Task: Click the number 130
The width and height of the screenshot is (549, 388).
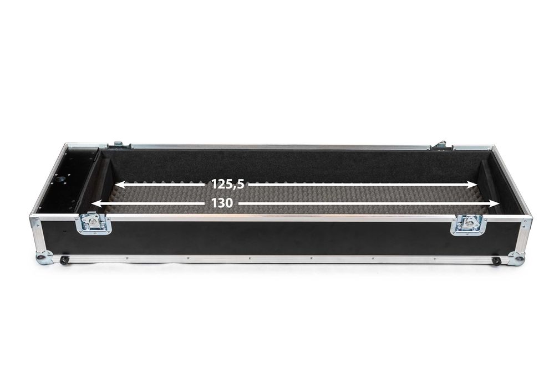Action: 222,203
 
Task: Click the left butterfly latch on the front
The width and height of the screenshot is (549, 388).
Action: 93,223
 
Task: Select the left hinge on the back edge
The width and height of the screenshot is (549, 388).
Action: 118,145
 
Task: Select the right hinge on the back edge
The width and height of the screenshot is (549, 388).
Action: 440,145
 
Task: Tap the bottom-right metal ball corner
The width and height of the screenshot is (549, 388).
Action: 516,258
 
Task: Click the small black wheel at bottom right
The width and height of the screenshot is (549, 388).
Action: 496,261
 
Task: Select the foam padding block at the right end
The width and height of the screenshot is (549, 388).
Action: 488,188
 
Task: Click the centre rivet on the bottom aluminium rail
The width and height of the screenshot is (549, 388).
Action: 279,258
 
